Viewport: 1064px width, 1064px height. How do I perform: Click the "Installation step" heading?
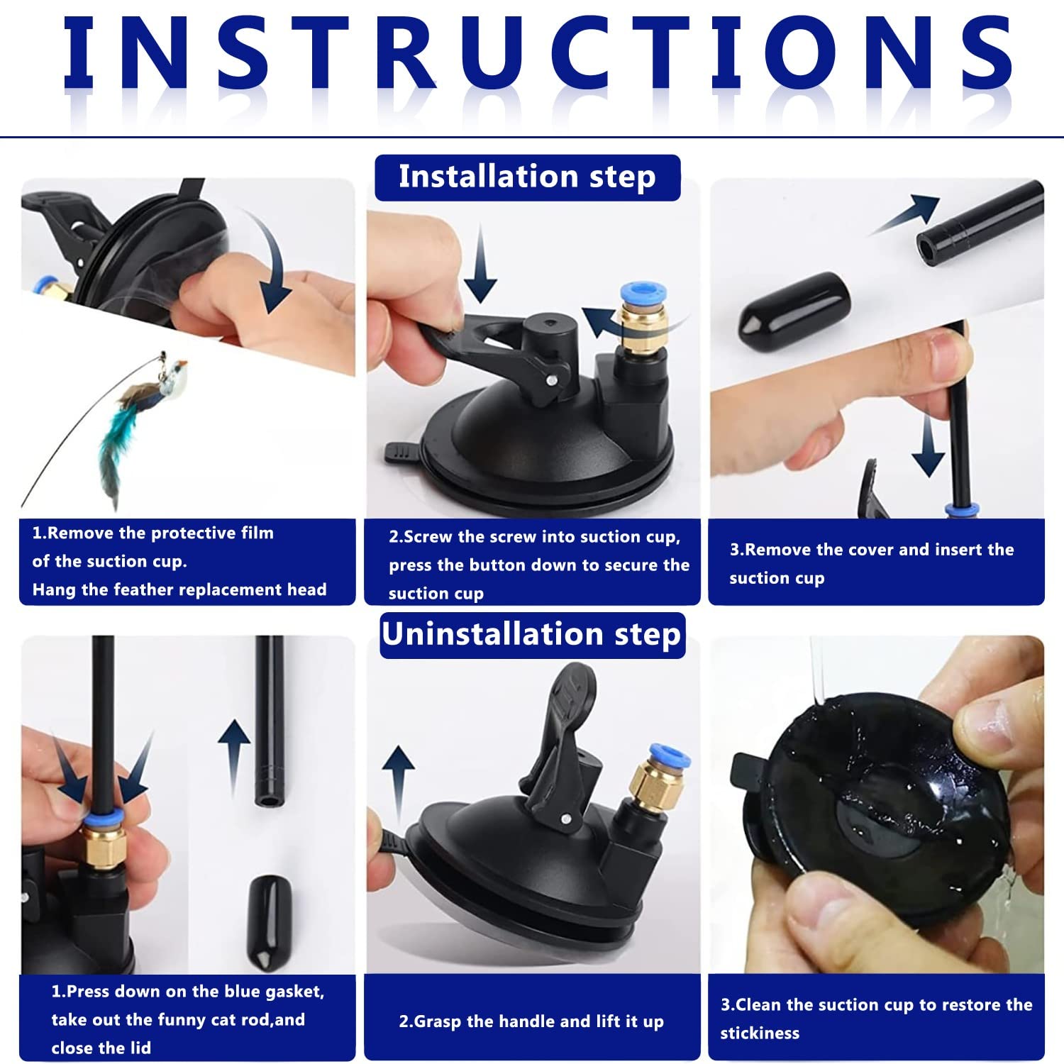[527, 177]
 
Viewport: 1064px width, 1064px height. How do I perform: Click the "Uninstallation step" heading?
[531, 634]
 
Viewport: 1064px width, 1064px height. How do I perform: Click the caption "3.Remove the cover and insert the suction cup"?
[872, 563]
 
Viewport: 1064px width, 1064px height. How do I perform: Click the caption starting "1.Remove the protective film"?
[179, 561]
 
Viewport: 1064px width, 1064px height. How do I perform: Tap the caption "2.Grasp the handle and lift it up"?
[531, 1021]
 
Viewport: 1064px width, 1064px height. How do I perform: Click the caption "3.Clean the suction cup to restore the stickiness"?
[876, 1019]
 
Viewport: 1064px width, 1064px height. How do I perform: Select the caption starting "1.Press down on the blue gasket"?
[188, 1019]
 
